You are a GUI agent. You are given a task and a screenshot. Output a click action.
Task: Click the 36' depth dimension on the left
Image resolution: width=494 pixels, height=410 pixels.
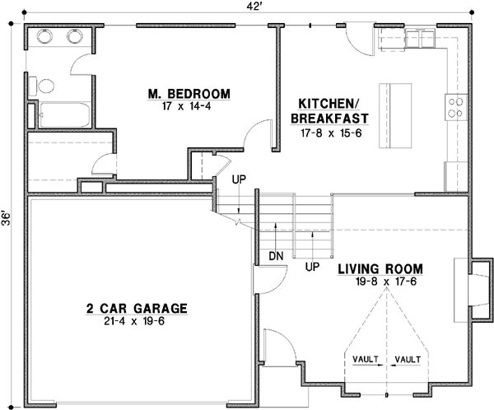pyautogui.click(x=7, y=218)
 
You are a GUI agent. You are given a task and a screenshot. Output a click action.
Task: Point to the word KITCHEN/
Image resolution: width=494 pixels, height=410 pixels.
pyautogui.click(x=327, y=105)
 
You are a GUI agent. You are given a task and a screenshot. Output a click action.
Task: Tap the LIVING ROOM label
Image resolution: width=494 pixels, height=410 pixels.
pyautogui.click(x=380, y=268)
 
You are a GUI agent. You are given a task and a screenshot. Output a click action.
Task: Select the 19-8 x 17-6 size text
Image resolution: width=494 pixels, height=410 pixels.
pyautogui.click(x=380, y=282)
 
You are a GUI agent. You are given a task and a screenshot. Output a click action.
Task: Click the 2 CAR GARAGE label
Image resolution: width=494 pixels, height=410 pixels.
pyautogui.click(x=137, y=309)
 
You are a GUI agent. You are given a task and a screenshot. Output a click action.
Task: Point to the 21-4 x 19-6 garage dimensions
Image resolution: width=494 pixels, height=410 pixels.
pyautogui.click(x=137, y=321)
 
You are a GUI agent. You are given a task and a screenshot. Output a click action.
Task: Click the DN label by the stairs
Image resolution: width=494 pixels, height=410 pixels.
pyautogui.click(x=276, y=256)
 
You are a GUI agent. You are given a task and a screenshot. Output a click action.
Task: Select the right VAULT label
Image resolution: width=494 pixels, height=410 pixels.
pyautogui.click(x=408, y=360)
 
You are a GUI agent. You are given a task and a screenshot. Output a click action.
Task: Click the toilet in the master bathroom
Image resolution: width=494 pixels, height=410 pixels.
pyautogui.click(x=45, y=85)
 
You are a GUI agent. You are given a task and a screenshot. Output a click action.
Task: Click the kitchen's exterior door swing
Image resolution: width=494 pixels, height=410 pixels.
pyautogui.click(x=356, y=35)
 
